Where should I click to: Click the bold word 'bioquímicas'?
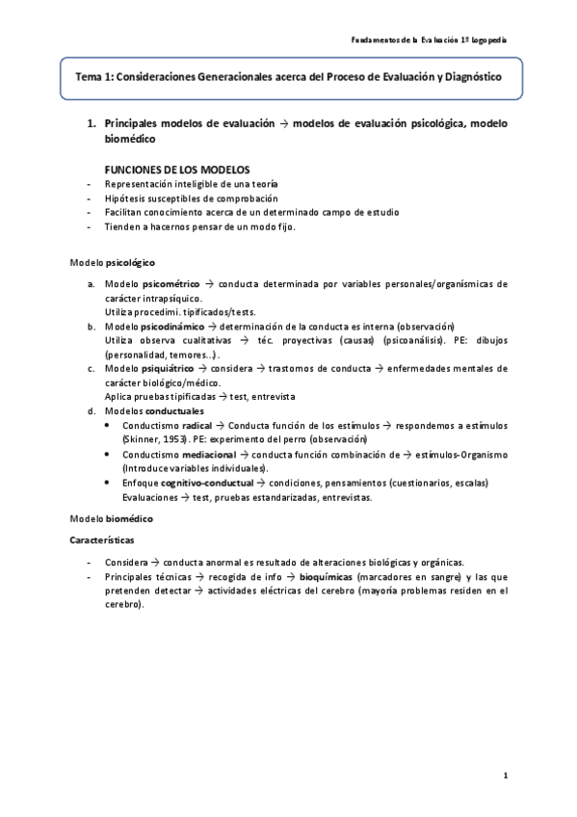click(x=326, y=576)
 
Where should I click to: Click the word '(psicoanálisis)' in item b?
click(x=412, y=341)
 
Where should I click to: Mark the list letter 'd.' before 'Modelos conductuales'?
click(x=91, y=411)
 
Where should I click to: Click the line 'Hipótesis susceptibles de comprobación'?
click(x=170, y=198)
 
